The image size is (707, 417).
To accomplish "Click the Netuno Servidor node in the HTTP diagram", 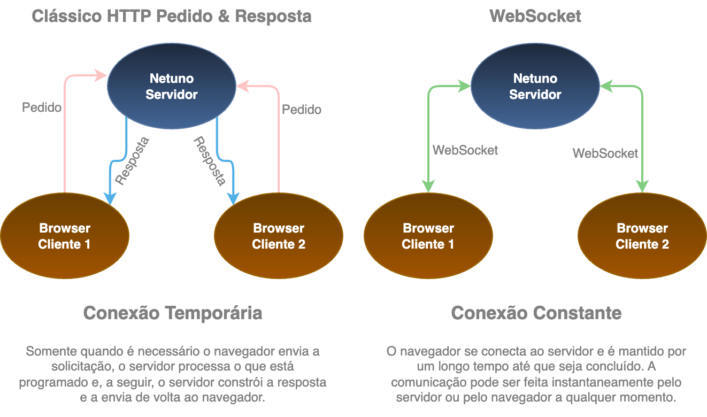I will pyautogui.click(x=172, y=87).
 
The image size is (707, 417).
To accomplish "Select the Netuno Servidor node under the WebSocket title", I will pyautogui.click(x=535, y=87).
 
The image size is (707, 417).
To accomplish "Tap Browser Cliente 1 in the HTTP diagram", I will pyautogui.click(x=65, y=236).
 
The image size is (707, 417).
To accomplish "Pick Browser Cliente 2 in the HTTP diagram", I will pyautogui.click(x=279, y=236).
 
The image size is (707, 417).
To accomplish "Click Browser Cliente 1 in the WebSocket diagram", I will pyautogui.click(x=428, y=236).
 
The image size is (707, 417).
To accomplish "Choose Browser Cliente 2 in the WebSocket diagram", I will pyautogui.click(x=642, y=236).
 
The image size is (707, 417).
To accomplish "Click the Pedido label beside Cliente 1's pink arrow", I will pyautogui.click(x=42, y=107).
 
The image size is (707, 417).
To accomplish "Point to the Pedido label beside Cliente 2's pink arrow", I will pyautogui.click(x=302, y=110).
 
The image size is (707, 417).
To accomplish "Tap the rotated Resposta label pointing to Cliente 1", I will pyautogui.click(x=132, y=161).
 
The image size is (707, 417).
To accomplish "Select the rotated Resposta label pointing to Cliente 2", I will pyautogui.click(x=209, y=161).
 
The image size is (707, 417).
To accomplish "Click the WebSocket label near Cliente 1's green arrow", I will pyautogui.click(x=465, y=150).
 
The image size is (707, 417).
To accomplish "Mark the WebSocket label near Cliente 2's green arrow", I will pyautogui.click(x=605, y=153).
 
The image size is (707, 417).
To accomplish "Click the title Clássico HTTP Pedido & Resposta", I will pyautogui.click(x=172, y=16).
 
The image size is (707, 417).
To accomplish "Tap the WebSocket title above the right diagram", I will pyautogui.click(x=535, y=16).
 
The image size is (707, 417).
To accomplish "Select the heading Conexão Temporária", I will pyautogui.click(x=173, y=313).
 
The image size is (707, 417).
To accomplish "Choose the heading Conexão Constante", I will pyautogui.click(x=536, y=313).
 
